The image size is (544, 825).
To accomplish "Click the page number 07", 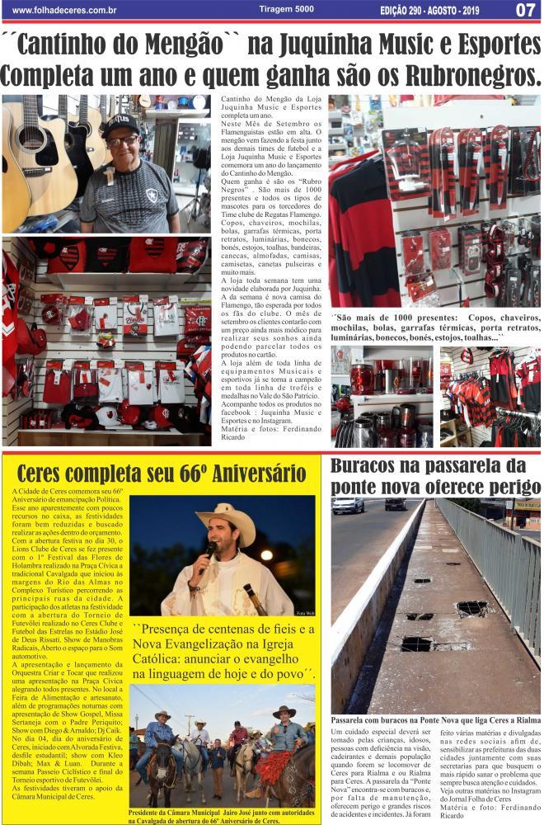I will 525,10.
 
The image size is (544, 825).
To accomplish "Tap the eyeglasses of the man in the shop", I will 122,141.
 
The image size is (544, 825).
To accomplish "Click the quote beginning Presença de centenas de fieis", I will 223,653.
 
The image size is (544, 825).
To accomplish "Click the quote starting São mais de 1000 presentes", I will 434,328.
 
